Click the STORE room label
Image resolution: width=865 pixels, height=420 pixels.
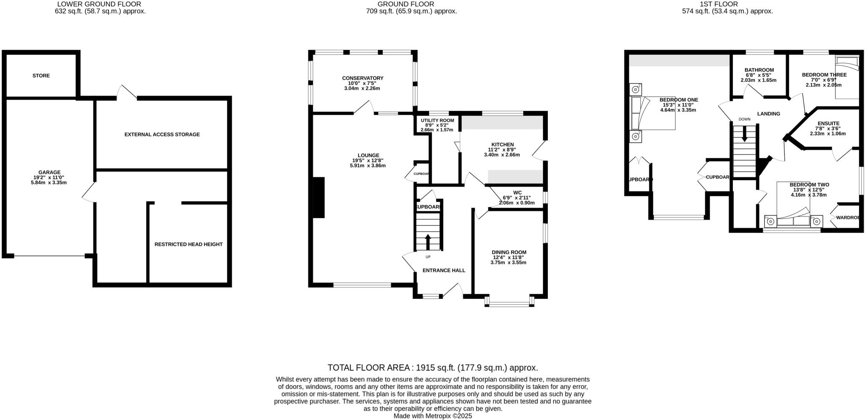tap(41, 76)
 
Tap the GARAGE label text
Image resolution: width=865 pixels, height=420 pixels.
tap(49, 172)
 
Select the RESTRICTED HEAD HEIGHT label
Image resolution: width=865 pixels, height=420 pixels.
tap(188, 244)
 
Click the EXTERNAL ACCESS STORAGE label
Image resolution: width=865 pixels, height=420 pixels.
tap(162, 135)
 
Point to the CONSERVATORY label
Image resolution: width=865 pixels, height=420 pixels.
tap(362, 78)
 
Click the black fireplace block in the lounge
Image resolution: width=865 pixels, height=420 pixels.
tap(318, 197)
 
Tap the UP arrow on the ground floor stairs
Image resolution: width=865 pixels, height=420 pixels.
tap(427, 242)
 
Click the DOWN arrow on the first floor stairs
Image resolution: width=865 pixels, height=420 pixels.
tap(744, 134)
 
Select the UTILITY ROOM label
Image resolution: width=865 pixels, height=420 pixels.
tap(437, 120)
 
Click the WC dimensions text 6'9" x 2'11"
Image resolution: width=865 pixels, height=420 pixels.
tap(517, 198)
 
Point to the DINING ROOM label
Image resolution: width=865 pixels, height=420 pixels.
tap(509, 252)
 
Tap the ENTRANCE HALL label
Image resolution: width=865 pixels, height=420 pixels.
tap(443, 270)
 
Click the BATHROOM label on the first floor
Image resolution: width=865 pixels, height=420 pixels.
tap(759, 70)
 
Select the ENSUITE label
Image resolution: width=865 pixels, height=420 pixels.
tap(827, 124)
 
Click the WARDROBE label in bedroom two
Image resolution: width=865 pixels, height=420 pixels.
tap(848, 218)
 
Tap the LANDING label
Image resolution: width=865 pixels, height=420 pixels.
tap(768, 114)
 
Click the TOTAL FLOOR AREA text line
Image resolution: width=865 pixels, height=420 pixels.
tap(432, 368)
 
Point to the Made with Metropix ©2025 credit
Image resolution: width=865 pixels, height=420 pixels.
tap(432, 416)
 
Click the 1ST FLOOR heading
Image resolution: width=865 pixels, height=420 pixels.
tap(727, 4)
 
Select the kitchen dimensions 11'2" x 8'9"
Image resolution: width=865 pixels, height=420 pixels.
tap(501, 149)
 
